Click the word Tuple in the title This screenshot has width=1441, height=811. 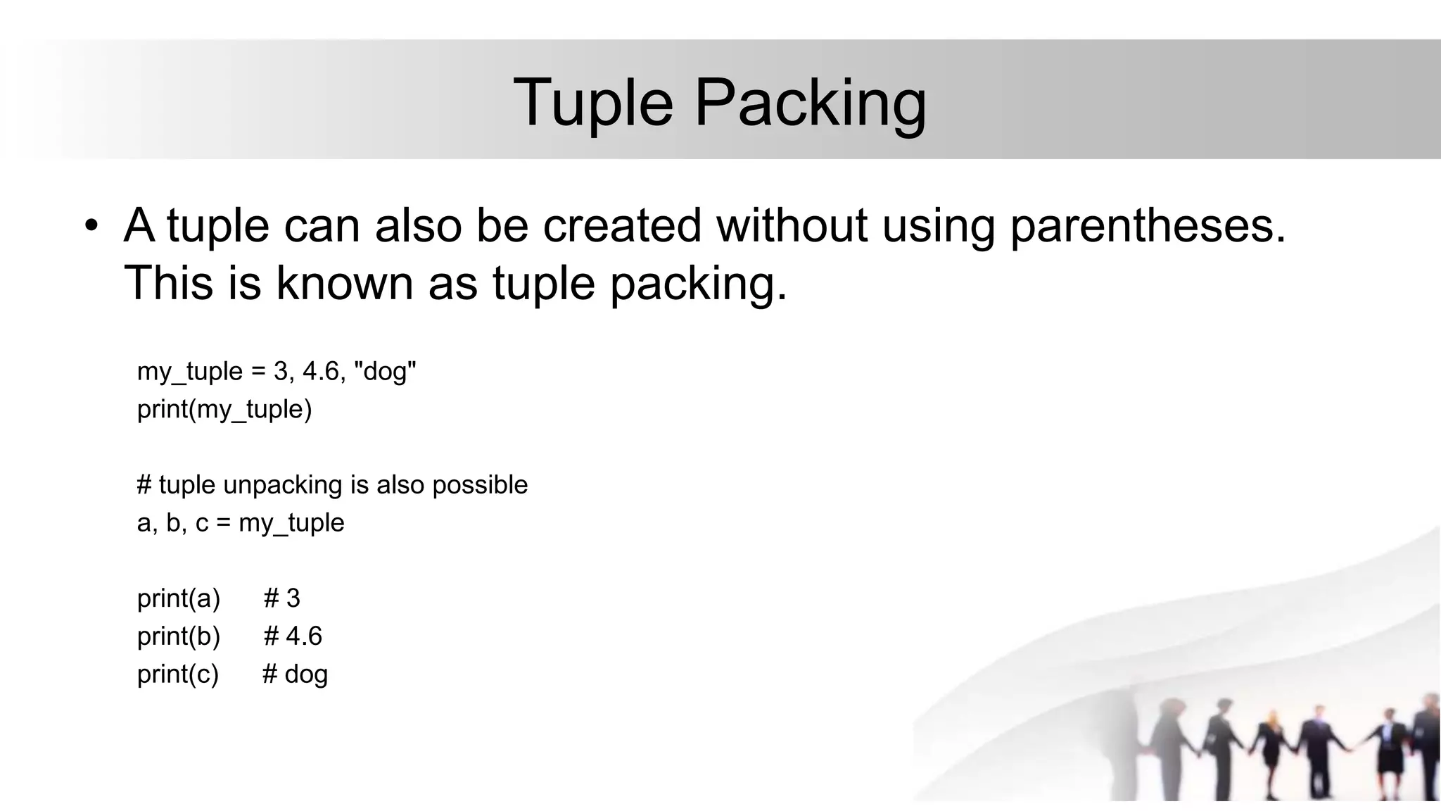593,103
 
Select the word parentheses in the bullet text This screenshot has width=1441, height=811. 1148,227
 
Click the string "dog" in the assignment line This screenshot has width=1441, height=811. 388,371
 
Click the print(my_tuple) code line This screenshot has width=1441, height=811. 224,409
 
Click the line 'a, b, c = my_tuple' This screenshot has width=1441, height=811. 241,523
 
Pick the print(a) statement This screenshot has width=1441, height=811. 179,598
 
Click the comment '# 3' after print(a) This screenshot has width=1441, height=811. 282,598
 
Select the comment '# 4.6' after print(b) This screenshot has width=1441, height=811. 293,636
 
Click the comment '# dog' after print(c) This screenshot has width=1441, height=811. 295,674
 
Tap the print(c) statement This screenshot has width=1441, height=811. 178,674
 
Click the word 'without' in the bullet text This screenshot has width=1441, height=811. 792,226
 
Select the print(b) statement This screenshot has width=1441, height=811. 179,636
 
